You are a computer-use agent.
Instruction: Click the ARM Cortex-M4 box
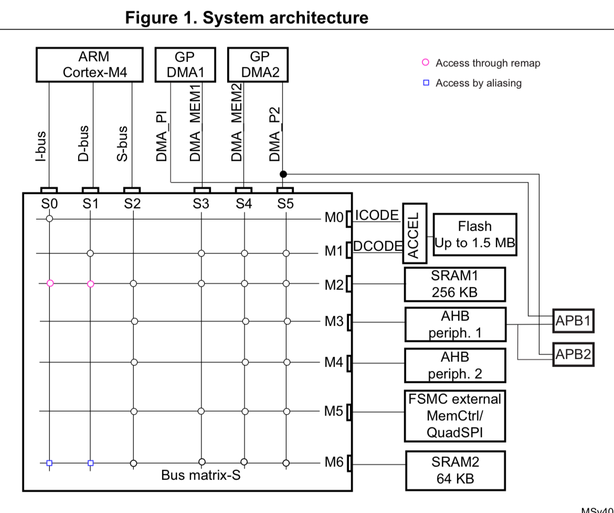pos(89,65)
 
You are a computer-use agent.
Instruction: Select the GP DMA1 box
pos(185,65)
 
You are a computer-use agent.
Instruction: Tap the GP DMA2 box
pos(257,65)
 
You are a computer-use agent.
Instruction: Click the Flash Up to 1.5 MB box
pos(474,235)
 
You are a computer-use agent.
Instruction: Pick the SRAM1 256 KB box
pos(454,284)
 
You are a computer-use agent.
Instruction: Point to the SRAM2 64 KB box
pos(455,470)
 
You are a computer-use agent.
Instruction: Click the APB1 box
pos(573,321)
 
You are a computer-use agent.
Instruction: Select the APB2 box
pos(573,355)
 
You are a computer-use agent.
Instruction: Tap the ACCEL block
pos(415,233)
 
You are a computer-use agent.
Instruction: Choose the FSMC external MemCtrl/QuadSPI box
pos(454,416)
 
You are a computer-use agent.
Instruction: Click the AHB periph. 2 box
pos(455,365)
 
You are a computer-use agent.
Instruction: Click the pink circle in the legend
pos(426,63)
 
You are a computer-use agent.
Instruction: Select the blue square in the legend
pos(426,83)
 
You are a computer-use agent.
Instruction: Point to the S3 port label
pos(201,204)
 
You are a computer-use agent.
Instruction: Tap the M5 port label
pos(334,411)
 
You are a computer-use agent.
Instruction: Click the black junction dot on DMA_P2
pos(283,174)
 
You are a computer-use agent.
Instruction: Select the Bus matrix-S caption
pos(200,476)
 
